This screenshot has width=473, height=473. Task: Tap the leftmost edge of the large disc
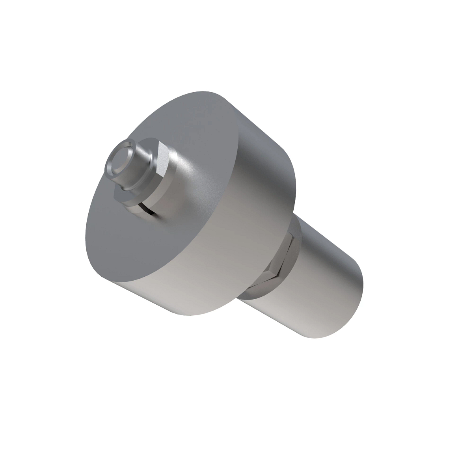tap(86, 236)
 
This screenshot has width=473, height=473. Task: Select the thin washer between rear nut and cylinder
tap(296, 256)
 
